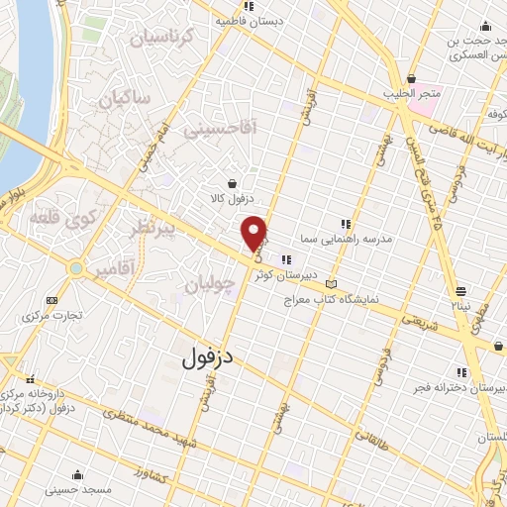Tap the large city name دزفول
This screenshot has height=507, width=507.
tap(210, 357)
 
